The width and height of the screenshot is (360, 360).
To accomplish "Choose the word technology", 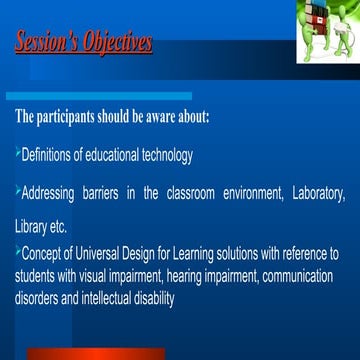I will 165,154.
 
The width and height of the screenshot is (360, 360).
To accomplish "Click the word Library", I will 31,222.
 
